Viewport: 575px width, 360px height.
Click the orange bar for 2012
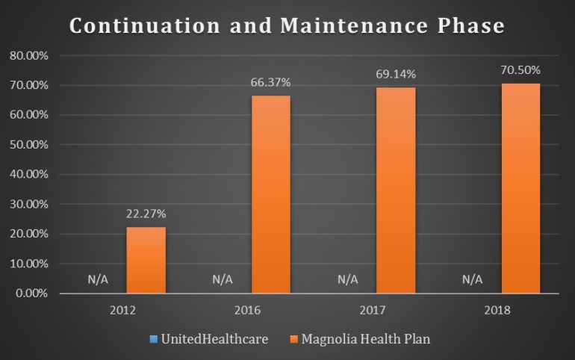click(146, 260)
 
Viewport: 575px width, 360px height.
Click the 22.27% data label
click(146, 214)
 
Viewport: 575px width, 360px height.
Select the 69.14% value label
click(396, 75)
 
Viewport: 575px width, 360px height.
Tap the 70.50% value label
click(520, 71)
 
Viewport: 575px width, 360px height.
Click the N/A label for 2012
click(98, 279)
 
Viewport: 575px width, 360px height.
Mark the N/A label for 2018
click(473, 279)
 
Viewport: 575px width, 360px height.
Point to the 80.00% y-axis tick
click(28, 56)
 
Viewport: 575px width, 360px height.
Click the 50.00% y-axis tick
click(28, 145)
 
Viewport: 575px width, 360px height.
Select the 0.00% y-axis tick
click(30, 294)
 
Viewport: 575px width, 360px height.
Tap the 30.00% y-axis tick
click(28, 204)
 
